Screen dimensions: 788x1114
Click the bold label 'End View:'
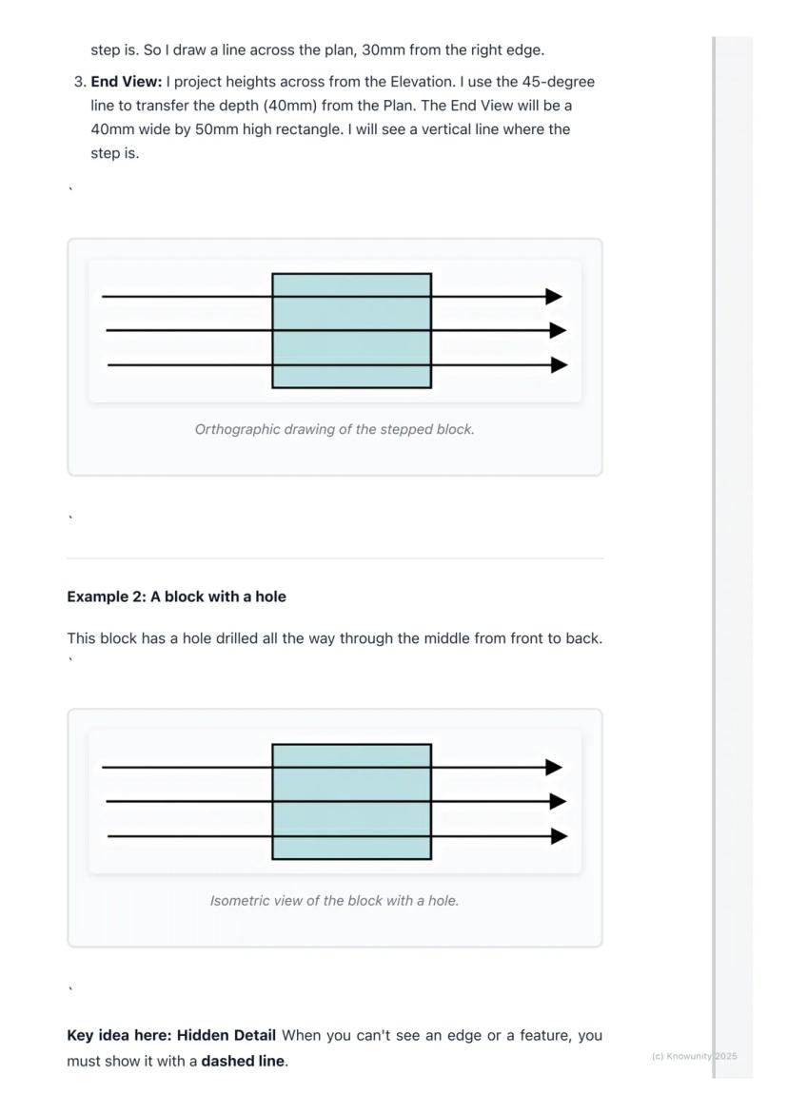[x=126, y=82]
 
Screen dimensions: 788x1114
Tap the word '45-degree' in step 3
[x=558, y=82]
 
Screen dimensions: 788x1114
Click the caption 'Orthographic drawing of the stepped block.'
[x=335, y=429]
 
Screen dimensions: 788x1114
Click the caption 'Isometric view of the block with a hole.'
[x=335, y=901]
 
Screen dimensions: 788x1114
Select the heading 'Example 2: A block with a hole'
[x=176, y=596]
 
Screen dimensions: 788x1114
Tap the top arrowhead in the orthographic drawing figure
[x=554, y=296]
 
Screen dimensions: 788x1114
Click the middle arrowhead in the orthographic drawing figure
[x=558, y=330]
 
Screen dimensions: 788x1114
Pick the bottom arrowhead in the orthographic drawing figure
[x=560, y=365]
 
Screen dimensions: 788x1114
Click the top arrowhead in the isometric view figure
[x=554, y=768]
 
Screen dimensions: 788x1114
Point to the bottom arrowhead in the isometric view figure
[x=560, y=836]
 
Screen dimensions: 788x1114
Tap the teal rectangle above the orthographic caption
[x=352, y=331]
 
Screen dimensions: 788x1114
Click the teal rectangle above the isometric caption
[x=352, y=802]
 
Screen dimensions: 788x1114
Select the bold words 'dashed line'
[x=243, y=1062]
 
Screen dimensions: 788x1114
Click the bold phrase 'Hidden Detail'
[x=226, y=1035]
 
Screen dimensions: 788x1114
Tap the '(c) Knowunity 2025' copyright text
[x=694, y=1057]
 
